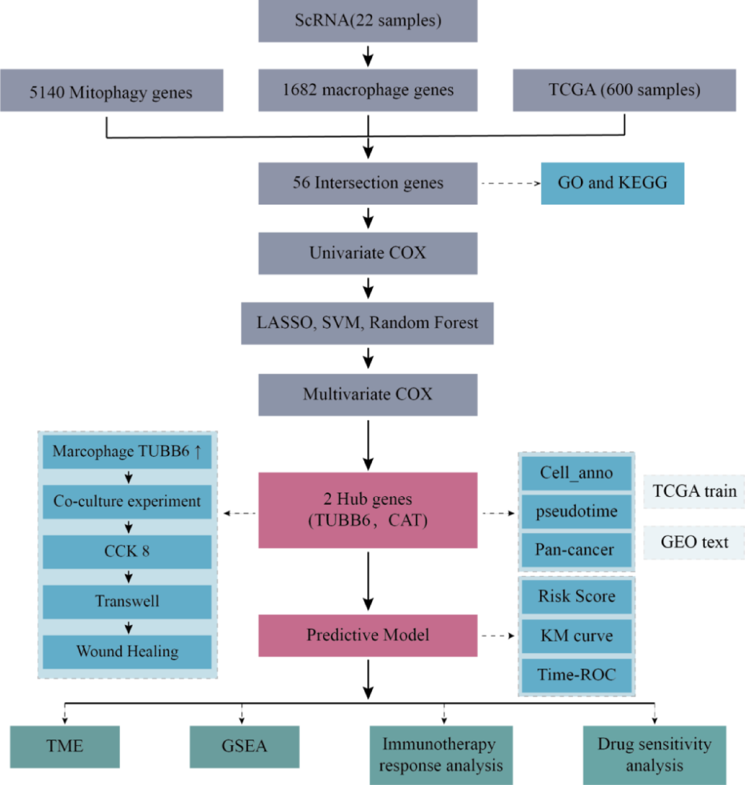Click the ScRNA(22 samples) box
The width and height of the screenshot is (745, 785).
point(367,21)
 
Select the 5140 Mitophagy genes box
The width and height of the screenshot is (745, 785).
point(111,91)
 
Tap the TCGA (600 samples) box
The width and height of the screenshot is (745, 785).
point(624,90)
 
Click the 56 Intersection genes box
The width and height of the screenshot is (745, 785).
point(367,183)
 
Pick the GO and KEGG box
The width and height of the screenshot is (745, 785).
point(612,183)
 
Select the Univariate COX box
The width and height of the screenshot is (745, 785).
point(367,253)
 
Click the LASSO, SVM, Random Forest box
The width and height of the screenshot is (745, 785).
point(367,323)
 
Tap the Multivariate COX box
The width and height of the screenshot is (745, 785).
point(367,394)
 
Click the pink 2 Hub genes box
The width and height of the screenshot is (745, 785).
point(367,510)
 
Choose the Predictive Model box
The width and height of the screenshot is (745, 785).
point(367,635)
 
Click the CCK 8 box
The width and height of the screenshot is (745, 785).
point(127,552)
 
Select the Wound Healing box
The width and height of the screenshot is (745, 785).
point(127,652)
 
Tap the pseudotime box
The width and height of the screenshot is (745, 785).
point(576,511)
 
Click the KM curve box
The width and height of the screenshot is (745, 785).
point(576,636)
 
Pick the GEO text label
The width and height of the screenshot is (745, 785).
point(694,542)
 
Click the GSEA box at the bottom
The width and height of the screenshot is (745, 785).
point(244,746)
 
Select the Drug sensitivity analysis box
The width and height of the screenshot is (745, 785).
point(654,754)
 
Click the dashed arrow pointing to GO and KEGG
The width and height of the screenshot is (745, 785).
point(510,183)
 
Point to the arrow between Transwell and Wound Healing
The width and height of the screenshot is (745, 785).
point(128,627)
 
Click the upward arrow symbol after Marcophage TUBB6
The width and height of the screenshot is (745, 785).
point(198,452)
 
